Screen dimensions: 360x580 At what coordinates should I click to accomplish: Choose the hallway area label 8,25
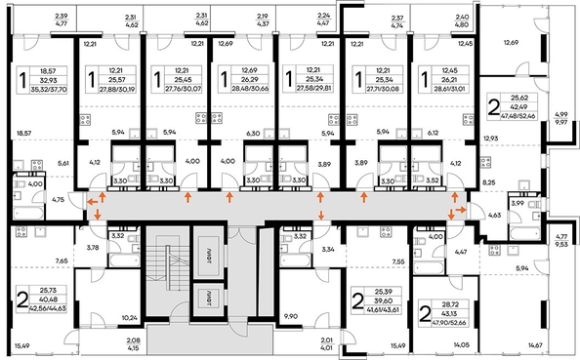pos(490,182)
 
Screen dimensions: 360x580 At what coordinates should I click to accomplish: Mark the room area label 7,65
pos(61,262)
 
